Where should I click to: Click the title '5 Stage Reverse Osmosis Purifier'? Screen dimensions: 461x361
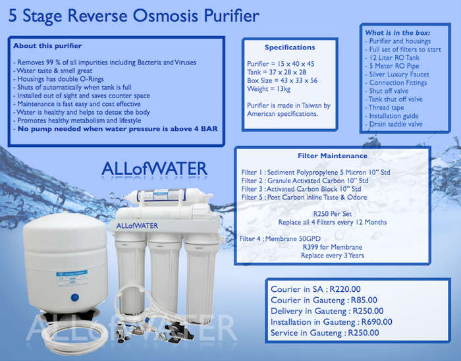coord(134,16)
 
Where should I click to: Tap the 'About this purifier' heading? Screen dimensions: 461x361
coord(47,46)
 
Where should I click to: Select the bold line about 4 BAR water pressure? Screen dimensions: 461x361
coord(118,128)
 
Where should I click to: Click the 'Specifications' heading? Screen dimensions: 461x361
coord(290,47)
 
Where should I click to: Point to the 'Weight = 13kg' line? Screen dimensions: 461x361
coord(269,89)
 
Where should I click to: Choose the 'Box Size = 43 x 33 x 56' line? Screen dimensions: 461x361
coord(283,80)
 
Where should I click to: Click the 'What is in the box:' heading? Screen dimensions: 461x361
coord(398,33)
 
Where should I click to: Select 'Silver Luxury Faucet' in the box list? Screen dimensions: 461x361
coord(399,74)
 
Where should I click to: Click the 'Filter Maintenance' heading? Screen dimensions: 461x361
coord(333,156)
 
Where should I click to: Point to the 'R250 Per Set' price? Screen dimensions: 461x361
coord(333,213)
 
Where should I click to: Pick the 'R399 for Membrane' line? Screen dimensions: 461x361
coord(333,247)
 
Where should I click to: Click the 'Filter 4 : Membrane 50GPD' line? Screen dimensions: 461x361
coord(280,238)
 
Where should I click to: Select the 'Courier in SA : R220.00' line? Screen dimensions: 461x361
coord(315,289)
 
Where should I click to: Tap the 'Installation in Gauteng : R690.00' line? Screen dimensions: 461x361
coord(331,322)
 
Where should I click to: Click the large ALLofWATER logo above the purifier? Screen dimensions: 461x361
coord(154,169)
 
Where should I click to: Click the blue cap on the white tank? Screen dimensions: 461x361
coord(75,298)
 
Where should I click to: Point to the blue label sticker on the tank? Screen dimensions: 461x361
coord(72,278)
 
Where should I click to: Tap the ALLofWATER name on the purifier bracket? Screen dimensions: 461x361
coord(137,226)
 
